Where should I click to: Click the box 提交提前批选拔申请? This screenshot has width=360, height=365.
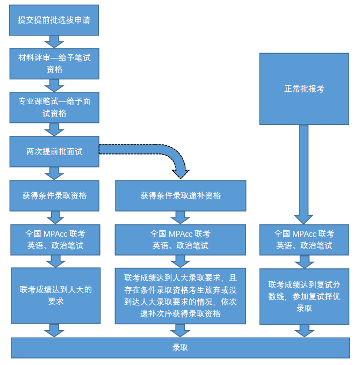(54, 20)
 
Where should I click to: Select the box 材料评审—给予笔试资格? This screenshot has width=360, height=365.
(54, 63)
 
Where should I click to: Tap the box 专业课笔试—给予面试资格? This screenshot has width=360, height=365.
(54, 107)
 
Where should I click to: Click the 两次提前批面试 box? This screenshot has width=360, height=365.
(54, 151)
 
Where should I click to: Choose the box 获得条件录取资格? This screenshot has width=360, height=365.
(54, 195)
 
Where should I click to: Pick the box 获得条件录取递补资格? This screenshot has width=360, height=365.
(181, 195)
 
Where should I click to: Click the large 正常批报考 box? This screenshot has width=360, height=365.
(304, 89)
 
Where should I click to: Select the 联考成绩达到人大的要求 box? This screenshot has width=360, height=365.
(56, 295)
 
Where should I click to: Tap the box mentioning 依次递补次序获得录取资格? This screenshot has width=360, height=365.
(181, 296)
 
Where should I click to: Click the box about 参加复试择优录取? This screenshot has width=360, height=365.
(304, 296)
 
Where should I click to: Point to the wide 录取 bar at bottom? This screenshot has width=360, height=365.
(180, 347)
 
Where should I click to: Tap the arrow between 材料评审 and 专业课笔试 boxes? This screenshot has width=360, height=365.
(54, 85)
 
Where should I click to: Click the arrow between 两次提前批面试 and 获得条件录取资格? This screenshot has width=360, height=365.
(54, 173)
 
